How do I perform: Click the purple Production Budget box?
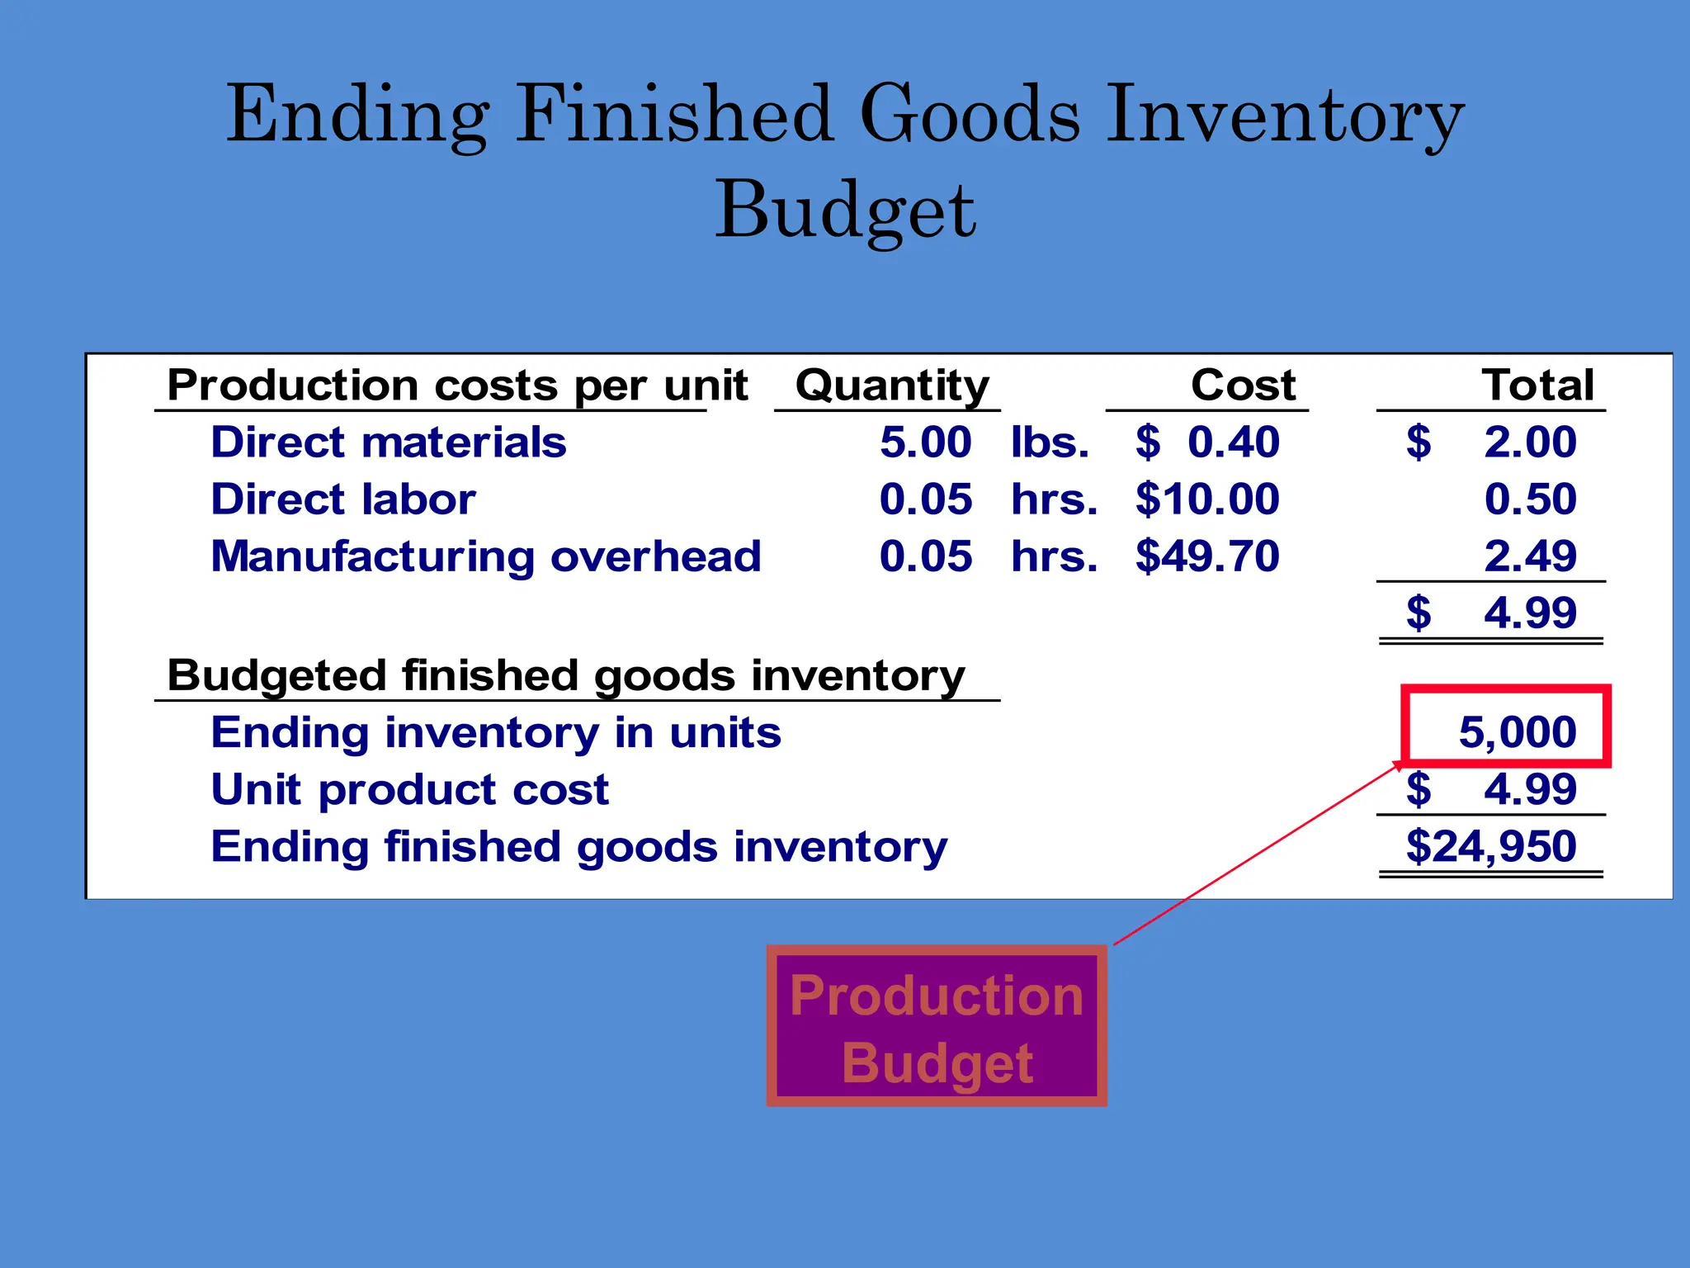pyautogui.click(x=937, y=1026)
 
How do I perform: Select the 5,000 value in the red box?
pyautogui.click(x=1517, y=731)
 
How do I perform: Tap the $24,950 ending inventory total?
pyautogui.click(x=1490, y=846)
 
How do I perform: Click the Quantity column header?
pyautogui.click(x=891, y=385)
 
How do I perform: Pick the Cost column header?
pyautogui.click(x=1243, y=385)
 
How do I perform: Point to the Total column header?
pyautogui.click(x=1537, y=385)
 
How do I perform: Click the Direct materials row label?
pyautogui.click(x=389, y=442)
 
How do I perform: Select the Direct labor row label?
pyautogui.click(x=343, y=499)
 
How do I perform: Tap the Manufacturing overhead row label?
pyautogui.click(x=486, y=556)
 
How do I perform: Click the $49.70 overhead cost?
pyautogui.click(x=1207, y=556)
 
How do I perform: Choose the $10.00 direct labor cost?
pyautogui.click(x=1207, y=499)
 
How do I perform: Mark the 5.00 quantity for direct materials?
pyautogui.click(x=925, y=442)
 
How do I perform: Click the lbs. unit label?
pyautogui.click(x=1050, y=442)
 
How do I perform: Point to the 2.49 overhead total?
pyautogui.click(x=1530, y=556)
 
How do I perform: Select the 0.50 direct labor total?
pyautogui.click(x=1530, y=499)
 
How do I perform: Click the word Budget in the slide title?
pyautogui.click(x=845, y=211)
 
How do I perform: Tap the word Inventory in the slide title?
pyautogui.click(x=1284, y=116)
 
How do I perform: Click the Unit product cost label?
pyautogui.click(x=410, y=789)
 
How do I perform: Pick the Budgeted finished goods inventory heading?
pyautogui.click(x=566, y=675)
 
